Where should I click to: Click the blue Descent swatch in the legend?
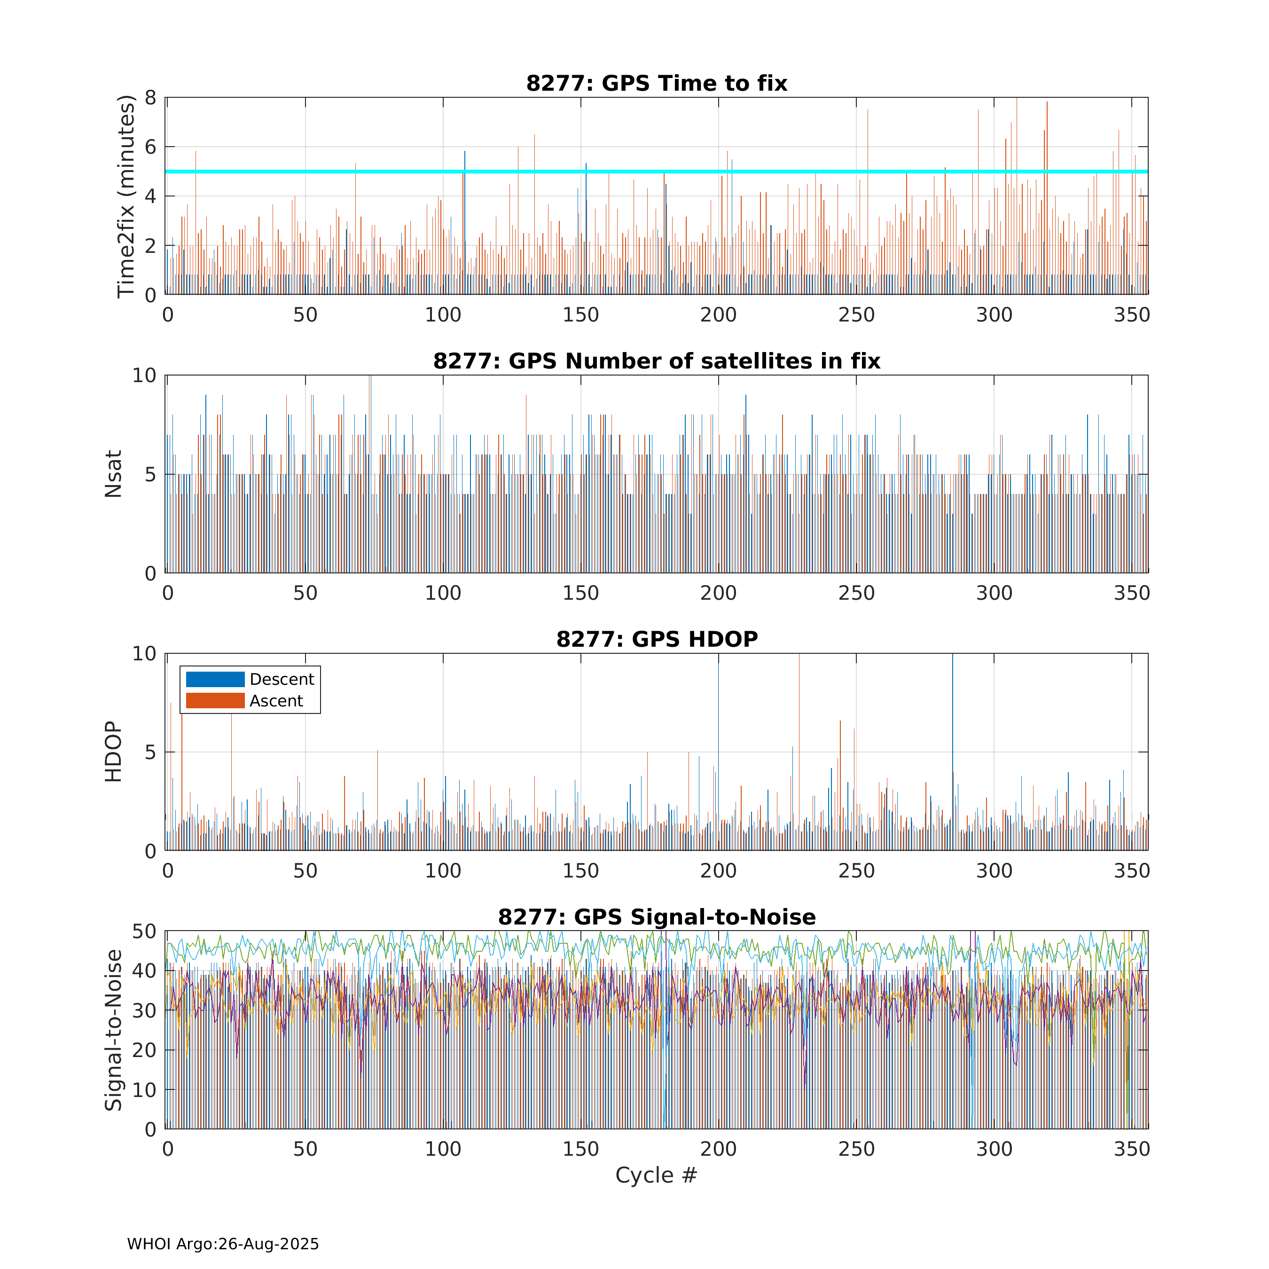(x=215, y=679)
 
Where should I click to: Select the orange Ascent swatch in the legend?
(x=215, y=701)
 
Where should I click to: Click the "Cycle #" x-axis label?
(x=656, y=1175)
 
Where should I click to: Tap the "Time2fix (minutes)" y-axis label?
(x=125, y=196)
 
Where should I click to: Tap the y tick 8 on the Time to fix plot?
(x=150, y=98)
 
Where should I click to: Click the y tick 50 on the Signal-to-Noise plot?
(x=144, y=932)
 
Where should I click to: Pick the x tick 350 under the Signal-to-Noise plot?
(x=1132, y=1149)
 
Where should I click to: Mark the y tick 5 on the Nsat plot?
(x=150, y=474)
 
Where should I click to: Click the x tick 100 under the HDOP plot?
(x=443, y=871)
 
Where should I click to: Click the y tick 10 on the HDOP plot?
(x=144, y=654)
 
